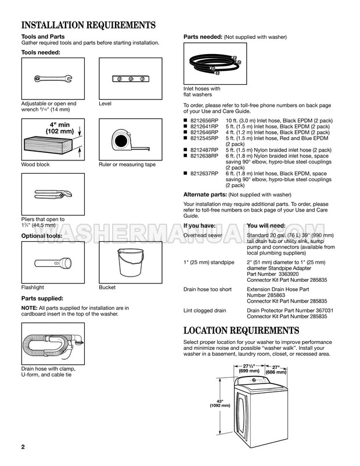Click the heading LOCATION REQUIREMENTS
(241, 331)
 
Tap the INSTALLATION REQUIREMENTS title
(88, 26)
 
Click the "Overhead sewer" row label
(203, 235)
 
